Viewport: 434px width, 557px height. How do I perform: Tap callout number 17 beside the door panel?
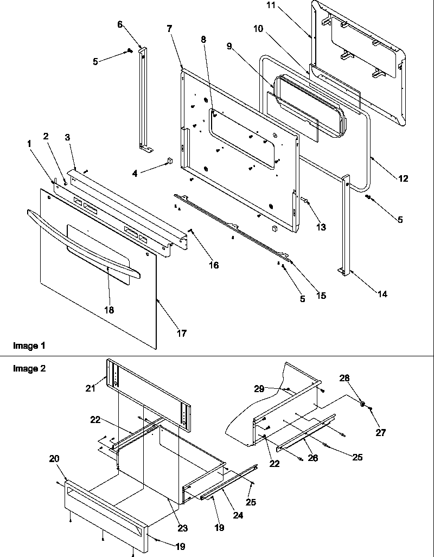click(182, 334)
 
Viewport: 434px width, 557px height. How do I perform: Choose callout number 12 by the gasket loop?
click(403, 178)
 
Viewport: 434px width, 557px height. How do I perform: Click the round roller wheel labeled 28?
click(361, 404)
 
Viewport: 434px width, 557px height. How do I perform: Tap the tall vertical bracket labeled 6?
click(144, 98)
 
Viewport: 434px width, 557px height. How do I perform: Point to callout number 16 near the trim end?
click(214, 265)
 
